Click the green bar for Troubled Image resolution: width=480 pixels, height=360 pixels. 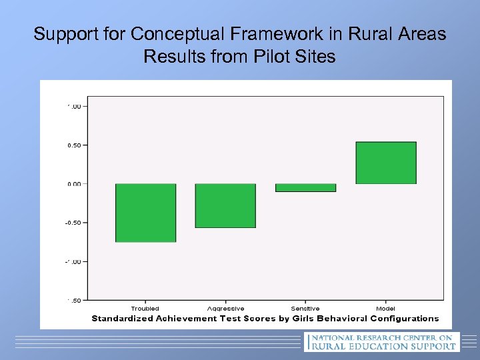[x=145, y=213]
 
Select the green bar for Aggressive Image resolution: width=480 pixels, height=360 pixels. [x=225, y=205]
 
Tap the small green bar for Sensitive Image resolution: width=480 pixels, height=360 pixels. [x=305, y=188]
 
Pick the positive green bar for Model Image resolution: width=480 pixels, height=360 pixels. [x=386, y=163]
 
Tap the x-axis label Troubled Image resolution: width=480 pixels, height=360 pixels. [x=145, y=309]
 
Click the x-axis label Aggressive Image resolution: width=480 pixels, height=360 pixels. [x=225, y=309]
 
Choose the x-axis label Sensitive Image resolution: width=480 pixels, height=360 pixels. [x=305, y=309]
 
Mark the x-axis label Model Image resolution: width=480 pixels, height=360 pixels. [x=385, y=309]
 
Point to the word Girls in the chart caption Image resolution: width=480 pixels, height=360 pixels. [x=308, y=319]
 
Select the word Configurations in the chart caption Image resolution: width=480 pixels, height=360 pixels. [x=404, y=319]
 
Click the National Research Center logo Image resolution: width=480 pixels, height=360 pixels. [x=382, y=342]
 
